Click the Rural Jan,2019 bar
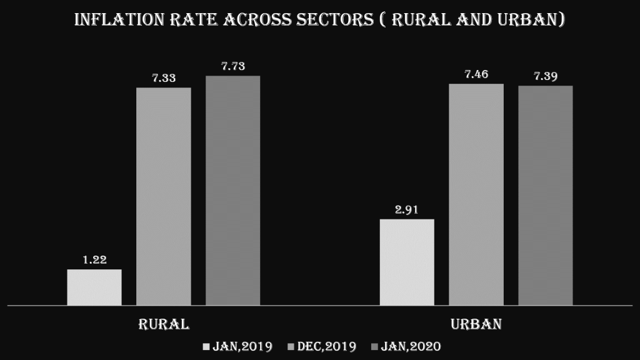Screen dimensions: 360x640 pos(94,287)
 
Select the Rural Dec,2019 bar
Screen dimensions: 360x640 pos(164,196)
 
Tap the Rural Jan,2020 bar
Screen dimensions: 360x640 pos(232,191)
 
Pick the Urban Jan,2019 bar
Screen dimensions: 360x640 pos(407,262)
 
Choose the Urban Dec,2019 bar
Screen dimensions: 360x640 pos(476,194)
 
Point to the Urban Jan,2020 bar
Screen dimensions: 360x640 pos(545,196)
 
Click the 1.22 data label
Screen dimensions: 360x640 pos(94,260)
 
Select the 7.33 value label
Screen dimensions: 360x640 pos(164,78)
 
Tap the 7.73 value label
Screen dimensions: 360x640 pos(232,66)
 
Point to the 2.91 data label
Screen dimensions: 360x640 pos(407,209)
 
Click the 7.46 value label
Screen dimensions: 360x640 pos(476,74)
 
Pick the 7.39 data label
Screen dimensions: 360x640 pos(545,76)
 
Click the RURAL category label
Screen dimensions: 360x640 pos(164,324)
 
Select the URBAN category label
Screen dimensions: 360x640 pos(476,324)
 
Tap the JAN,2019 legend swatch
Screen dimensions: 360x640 pos(207,346)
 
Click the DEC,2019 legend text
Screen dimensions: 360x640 pos(327,346)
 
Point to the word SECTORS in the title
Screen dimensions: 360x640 pos(341,20)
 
